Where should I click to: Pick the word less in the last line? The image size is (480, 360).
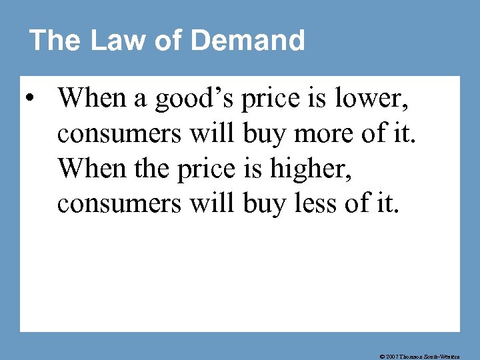coord(317,204)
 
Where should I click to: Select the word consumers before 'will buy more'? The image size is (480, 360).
coord(119,134)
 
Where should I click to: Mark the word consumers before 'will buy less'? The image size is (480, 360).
coord(119,204)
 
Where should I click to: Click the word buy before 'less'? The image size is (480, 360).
coord(263,204)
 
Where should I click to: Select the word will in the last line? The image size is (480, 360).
coord(209,204)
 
